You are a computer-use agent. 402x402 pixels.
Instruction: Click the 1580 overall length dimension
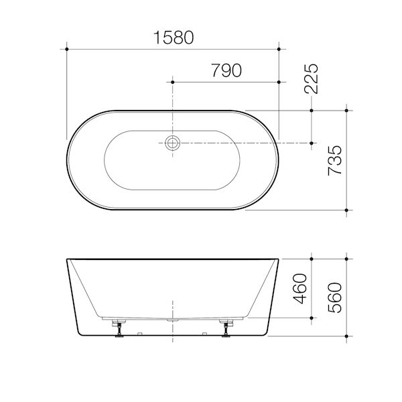click(173, 38)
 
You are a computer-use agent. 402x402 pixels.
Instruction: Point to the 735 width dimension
click(337, 159)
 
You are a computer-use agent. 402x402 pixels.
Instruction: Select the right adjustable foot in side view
click(226, 328)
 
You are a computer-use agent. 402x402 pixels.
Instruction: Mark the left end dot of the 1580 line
click(67, 48)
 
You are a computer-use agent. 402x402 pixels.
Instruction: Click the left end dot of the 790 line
click(174, 82)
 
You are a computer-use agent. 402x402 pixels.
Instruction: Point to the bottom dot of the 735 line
click(346, 210)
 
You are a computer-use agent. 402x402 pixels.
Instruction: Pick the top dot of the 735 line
click(346, 110)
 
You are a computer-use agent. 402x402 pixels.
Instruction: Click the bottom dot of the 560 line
click(346, 334)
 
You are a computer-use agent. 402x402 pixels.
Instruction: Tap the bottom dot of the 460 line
click(312, 317)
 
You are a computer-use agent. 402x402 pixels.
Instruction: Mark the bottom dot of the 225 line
click(312, 143)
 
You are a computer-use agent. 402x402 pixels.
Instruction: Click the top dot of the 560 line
click(346, 258)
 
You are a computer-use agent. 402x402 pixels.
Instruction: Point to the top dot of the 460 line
click(312, 258)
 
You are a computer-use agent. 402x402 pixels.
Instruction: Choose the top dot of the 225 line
click(312, 110)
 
